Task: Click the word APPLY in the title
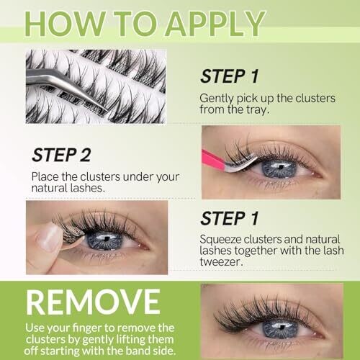pyautogui.click(x=215, y=24)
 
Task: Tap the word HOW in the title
pyautogui.click(x=66, y=24)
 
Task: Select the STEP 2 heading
pyautogui.click(x=61, y=155)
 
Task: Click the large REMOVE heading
pyautogui.click(x=93, y=302)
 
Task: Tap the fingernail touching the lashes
pyautogui.click(x=49, y=238)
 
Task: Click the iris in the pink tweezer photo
pyautogui.click(x=279, y=168)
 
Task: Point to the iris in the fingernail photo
pyautogui.click(x=104, y=240)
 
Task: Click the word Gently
pyautogui.click(x=217, y=99)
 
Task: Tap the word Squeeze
pyautogui.click(x=220, y=240)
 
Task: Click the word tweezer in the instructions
pyautogui.click(x=220, y=261)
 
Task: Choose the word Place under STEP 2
pyautogui.click(x=45, y=177)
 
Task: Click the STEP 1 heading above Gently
pyautogui.click(x=230, y=76)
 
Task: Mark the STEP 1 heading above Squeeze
pyautogui.click(x=230, y=218)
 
